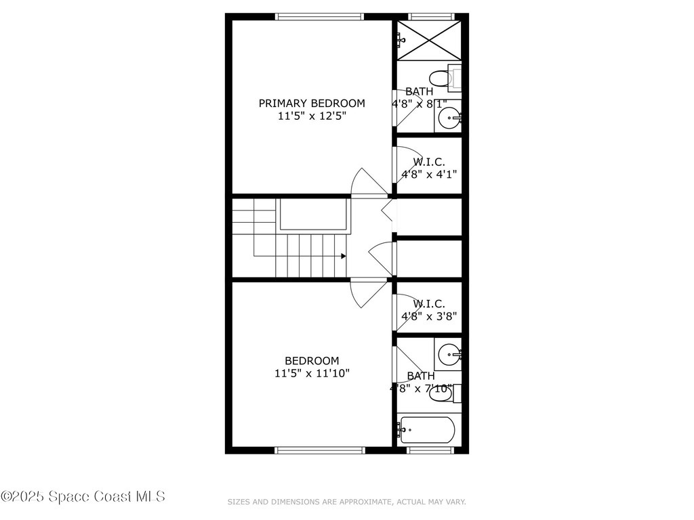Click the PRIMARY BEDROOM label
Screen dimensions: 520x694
(312, 104)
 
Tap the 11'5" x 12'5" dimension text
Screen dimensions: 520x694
(312, 116)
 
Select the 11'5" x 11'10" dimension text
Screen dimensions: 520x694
(312, 373)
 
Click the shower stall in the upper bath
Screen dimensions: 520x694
(428, 40)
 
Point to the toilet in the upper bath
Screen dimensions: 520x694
(443, 79)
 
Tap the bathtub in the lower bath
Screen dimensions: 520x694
(428, 429)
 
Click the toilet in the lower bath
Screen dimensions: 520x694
(443, 393)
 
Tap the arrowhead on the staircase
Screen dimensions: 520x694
(344, 256)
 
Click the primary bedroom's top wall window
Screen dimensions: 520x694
(320, 17)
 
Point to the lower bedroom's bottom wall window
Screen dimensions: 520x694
(320, 450)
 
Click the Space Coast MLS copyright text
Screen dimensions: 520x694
(83, 496)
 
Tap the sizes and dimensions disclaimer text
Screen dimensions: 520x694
(346, 502)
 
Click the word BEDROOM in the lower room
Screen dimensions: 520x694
(312, 361)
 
